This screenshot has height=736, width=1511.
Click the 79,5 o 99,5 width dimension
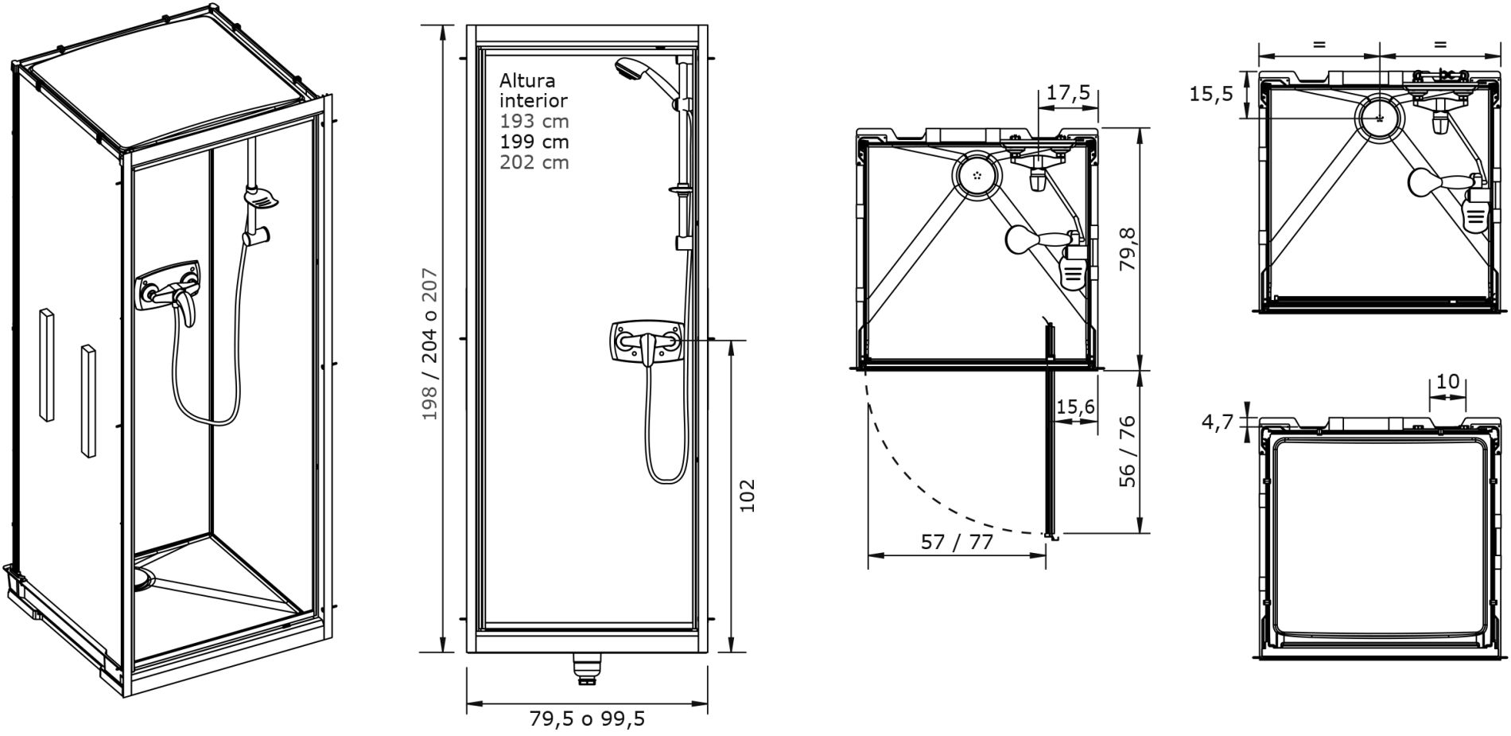587,719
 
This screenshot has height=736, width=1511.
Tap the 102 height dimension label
747,495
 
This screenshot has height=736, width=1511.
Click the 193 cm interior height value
534,121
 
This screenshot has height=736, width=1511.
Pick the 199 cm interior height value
534,142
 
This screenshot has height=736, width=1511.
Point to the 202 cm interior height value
534,162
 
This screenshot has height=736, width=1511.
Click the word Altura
527,80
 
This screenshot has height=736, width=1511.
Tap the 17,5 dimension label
1068,92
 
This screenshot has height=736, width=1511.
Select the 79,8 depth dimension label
1128,250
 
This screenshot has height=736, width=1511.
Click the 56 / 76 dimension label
1128,451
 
